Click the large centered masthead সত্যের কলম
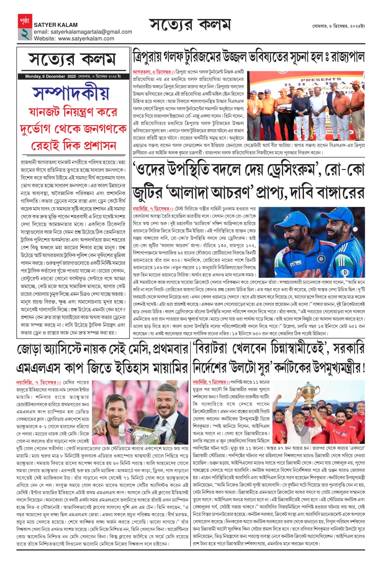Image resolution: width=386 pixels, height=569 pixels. [x=190, y=25]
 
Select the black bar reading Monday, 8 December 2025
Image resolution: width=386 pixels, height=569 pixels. [x=73, y=77]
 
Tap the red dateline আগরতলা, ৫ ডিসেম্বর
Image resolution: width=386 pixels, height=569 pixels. [x=151, y=72]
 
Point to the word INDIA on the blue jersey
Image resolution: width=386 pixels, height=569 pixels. [x=308, y=274]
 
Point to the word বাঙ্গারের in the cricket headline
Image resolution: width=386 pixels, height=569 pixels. [x=339, y=192]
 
